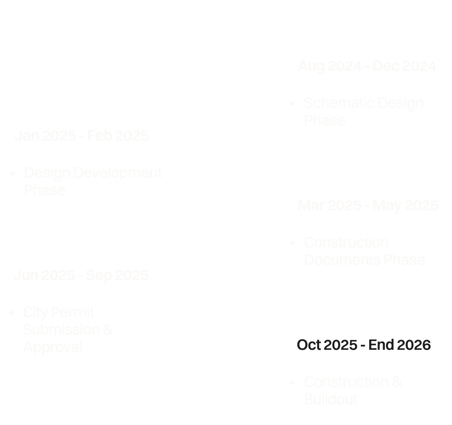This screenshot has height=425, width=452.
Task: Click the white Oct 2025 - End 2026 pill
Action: click(x=363, y=345)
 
